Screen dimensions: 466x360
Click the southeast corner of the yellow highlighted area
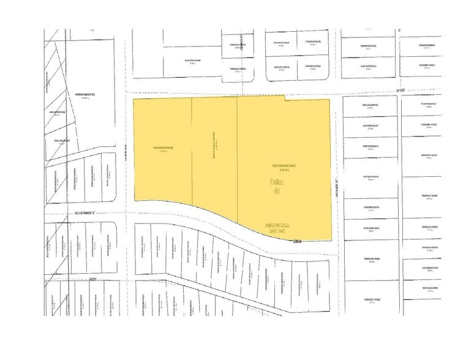[x=331, y=238]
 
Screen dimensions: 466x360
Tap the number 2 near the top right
[x=398, y=29]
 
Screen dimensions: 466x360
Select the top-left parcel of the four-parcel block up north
[x=281, y=43]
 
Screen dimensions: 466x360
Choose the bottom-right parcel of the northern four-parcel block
[x=313, y=67]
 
